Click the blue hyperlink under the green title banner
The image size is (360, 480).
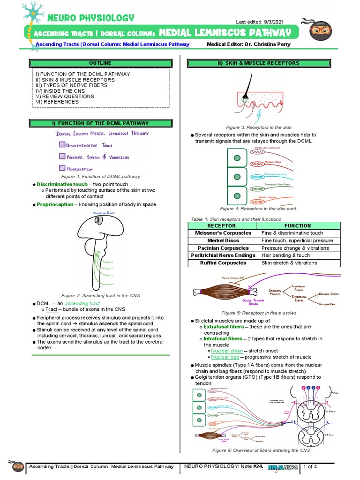(x=112, y=45)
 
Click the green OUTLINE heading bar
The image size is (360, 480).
(x=100, y=63)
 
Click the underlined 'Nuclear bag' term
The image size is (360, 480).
(x=225, y=357)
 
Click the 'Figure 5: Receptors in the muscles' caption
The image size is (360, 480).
(x=259, y=313)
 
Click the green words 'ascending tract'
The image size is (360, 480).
(x=84, y=304)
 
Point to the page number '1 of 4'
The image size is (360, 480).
(x=310, y=466)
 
